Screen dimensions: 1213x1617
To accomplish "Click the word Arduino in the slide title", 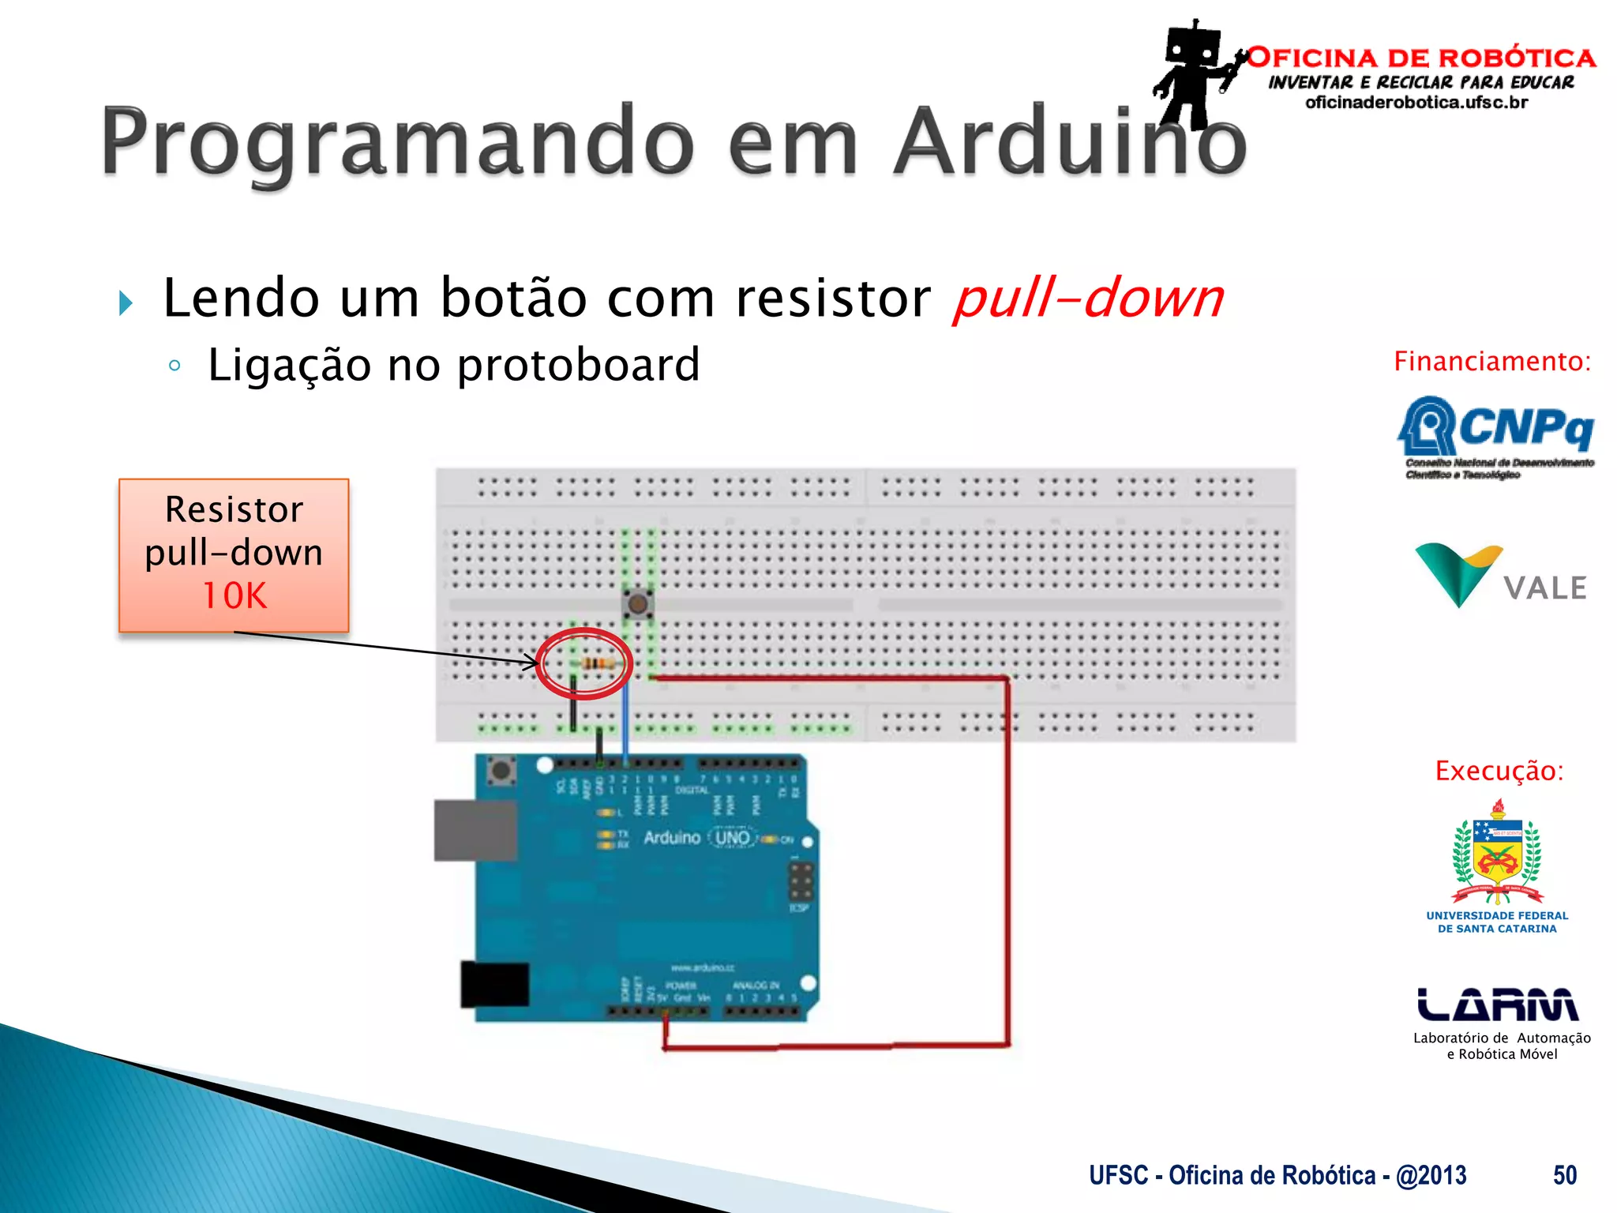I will point(1070,142).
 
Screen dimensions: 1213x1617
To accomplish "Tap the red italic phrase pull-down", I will point(1088,299).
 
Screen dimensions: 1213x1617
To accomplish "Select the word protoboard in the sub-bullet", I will point(578,365).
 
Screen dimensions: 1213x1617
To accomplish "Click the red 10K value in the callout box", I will point(234,595).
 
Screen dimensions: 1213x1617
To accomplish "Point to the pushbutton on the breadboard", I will point(637,605).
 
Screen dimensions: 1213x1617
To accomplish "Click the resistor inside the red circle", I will point(598,663).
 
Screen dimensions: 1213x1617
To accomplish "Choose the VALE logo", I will point(1500,576).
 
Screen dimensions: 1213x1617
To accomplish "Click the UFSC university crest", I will point(1497,853).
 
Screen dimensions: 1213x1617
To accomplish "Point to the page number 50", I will point(1564,1175).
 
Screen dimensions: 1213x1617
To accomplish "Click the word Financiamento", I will point(1491,362).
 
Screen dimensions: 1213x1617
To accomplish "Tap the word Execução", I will point(1499,771).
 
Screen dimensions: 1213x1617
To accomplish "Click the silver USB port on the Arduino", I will point(475,830).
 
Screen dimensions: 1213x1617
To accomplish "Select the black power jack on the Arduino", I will point(494,984).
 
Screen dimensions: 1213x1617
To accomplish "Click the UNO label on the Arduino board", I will point(732,837).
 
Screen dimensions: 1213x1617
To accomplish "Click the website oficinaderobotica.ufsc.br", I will point(1416,103).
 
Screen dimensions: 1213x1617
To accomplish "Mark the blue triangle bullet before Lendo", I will point(125,302).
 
